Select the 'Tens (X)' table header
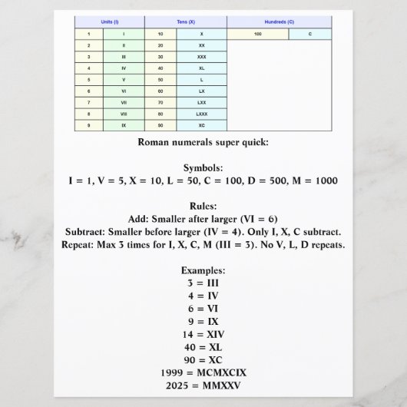pos(186,22)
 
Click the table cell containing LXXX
pos(202,113)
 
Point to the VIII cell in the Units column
pos(124,113)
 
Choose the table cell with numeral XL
pos(202,68)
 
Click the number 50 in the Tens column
pos(160,79)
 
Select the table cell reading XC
pos(202,124)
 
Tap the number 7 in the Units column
pos(89,102)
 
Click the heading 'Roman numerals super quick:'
pos(203,142)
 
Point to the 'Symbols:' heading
pos(203,167)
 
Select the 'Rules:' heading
pos(203,206)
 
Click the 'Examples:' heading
pos(203,270)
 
